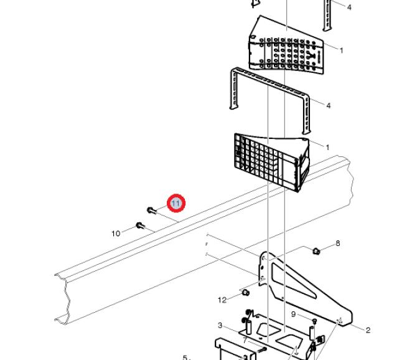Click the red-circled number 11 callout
coord(176,204)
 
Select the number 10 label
coord(116,234)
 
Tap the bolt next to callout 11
coord(151,210)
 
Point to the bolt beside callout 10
coord(140,225)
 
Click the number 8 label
coord(338,243)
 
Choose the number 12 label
coord(222,300)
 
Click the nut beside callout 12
coord(245,291)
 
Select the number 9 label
coord(293,315)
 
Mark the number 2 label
coord(368,330)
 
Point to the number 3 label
coord(220,325)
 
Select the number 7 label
coord(245,340)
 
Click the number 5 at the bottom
coord(185,357)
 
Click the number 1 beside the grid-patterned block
coord(327,148)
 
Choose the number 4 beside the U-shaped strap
coord(329,105)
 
